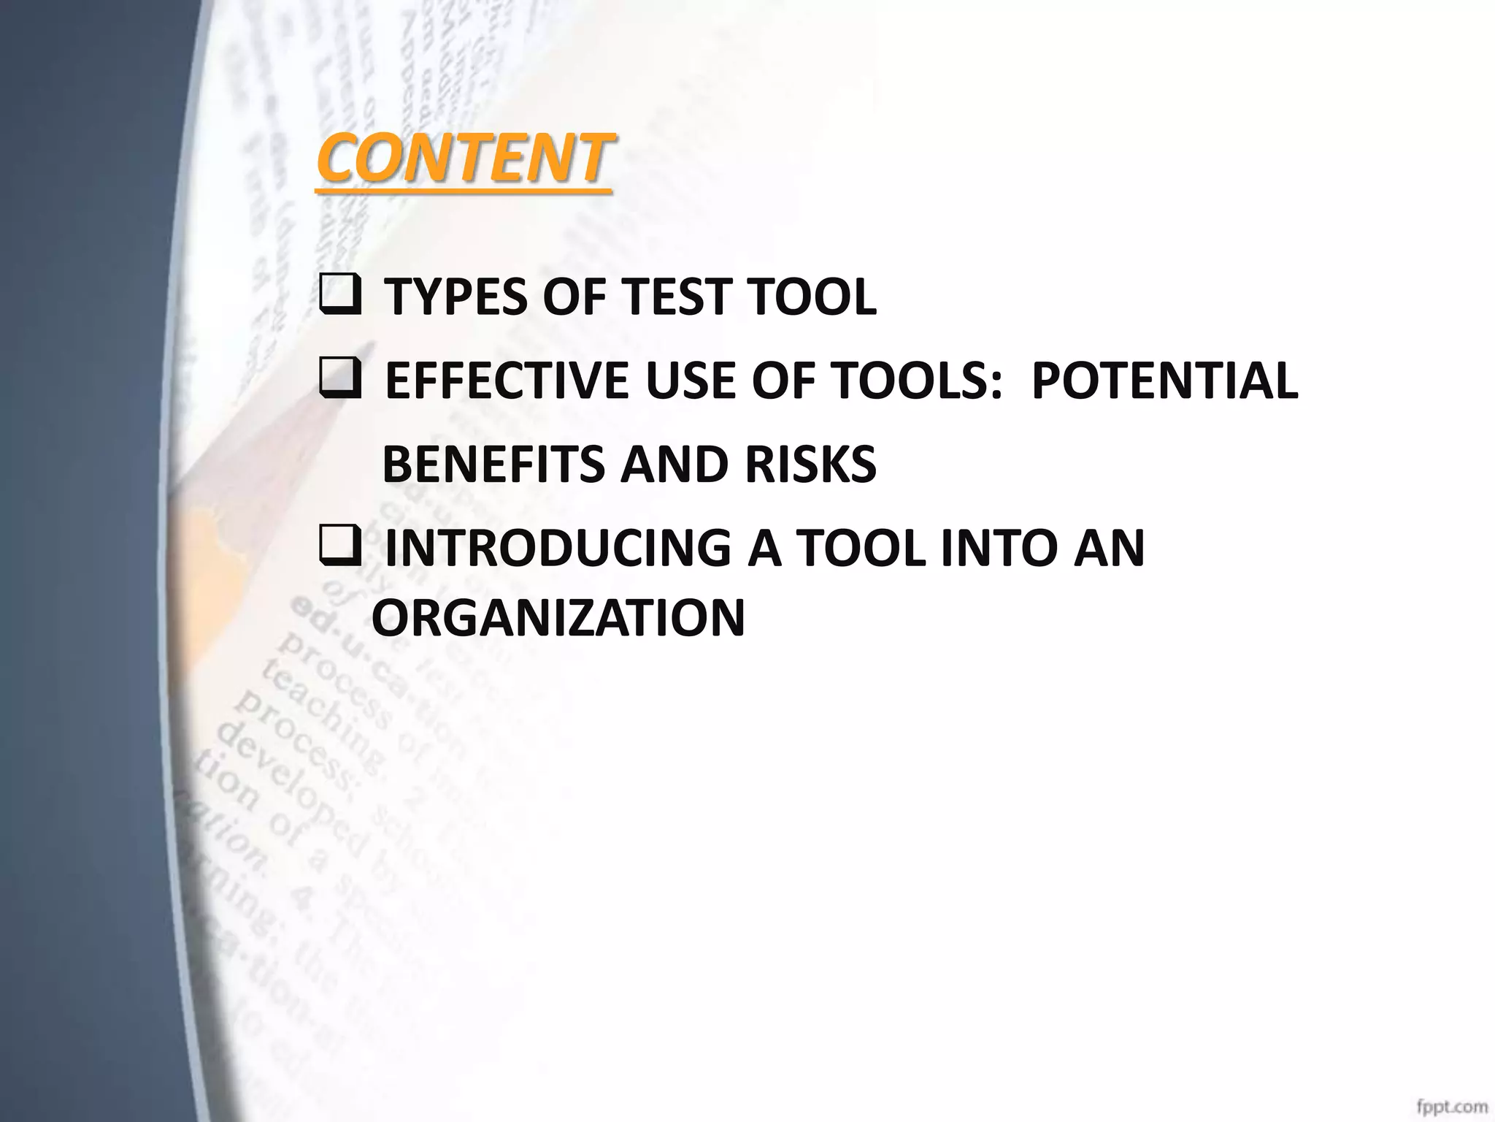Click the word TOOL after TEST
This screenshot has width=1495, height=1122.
click(x=812, y=297)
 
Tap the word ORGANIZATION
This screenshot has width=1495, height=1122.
click(x=558, y=618)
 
